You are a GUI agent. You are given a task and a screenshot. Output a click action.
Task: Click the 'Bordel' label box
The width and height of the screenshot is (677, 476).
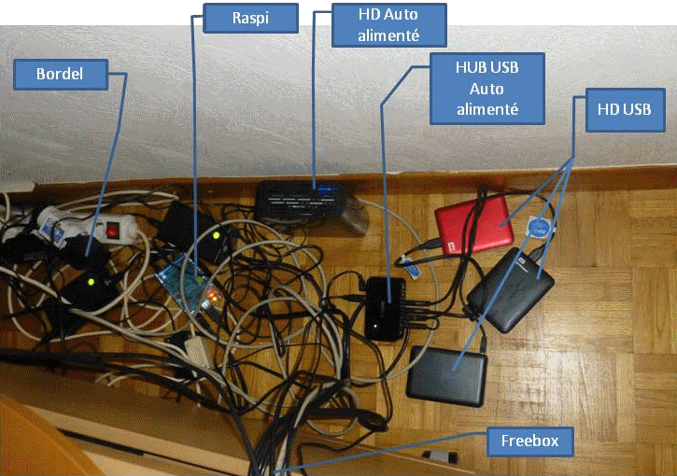tap(61, 73)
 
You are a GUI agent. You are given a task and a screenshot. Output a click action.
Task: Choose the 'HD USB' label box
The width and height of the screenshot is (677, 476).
tap(623, 110)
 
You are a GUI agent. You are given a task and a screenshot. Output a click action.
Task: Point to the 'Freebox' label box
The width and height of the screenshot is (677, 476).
tap(529, 440)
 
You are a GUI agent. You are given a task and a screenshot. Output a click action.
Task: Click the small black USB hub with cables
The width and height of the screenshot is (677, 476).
tap(388, 308)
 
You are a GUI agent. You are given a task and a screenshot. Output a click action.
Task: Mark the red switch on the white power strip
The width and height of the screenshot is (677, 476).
tap(114, 228)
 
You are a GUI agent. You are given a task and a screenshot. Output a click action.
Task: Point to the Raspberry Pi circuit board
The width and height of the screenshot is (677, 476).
tap(187, 280)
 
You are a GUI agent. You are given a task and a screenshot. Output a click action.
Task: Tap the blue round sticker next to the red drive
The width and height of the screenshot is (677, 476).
tap(538, 226)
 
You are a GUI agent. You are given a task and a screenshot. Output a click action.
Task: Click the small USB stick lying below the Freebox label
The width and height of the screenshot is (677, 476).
tap(439, 456)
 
